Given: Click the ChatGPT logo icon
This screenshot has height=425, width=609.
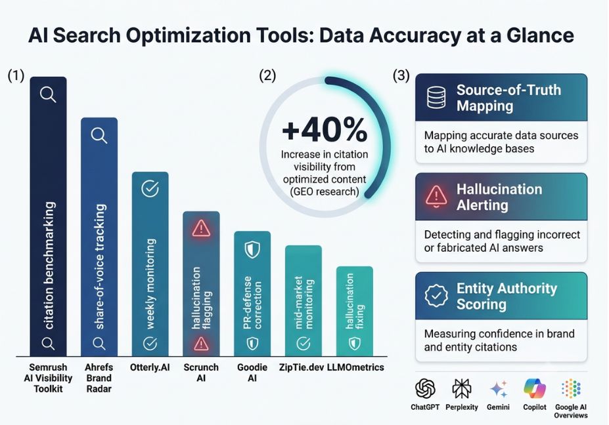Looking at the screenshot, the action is pos(425,388).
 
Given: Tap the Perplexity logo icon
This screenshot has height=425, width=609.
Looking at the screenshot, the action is pos(462,388).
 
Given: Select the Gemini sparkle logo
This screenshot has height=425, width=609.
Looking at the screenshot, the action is pos(499,389).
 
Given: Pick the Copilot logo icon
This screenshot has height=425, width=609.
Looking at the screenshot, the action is pos(535,388).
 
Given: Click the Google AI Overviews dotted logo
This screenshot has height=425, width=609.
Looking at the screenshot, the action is pos(571,388).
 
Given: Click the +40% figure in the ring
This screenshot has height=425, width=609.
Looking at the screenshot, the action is pos(325,131).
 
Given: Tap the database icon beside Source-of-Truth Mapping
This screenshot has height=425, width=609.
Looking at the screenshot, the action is pos(436,98).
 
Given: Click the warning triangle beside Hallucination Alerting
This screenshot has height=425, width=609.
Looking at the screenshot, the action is pos(436,196).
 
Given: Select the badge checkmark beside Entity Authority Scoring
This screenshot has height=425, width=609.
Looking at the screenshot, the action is pos(436,296).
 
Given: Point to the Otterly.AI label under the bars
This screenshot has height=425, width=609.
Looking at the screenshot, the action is pos(150,367).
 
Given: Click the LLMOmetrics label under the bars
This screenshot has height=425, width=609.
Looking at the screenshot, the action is pos(355,367).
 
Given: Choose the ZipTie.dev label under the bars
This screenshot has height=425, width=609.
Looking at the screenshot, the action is pos(302,367).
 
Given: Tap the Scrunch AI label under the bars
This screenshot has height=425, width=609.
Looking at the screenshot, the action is pos(201,373).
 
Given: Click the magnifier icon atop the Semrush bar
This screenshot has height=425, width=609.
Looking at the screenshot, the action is pos(48,94).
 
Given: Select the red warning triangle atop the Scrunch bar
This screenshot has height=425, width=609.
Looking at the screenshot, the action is pos(201,228).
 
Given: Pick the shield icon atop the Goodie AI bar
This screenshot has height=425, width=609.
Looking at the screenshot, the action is pos(252,250).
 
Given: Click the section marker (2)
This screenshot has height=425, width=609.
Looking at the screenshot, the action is pos(267,75).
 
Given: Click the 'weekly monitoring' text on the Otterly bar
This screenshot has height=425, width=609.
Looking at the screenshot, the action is pos(150,284).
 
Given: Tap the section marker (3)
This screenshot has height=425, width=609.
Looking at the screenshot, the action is pos(401,75).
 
